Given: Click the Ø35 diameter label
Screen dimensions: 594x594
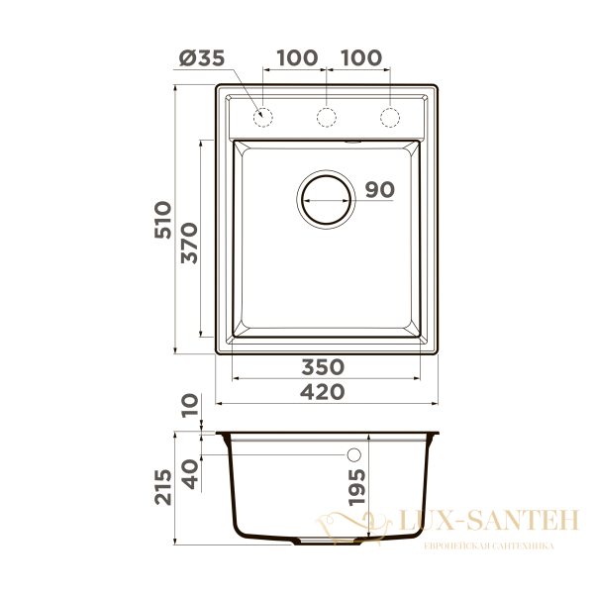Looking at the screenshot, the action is pyautogui.click(x=202, y=58).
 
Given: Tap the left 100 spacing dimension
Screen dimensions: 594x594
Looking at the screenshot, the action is pyautogui.click(x=297, y=58).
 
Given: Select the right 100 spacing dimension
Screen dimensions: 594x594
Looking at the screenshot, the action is pyautogui.click(x=361, y=58).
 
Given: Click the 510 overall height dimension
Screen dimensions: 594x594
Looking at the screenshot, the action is pyautogui.click(x=163, y=220).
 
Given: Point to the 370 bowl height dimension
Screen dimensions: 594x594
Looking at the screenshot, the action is pyautogui.click(x=189, y=244).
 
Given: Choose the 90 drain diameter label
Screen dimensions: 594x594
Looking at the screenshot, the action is pyautogui.click(x=380, y=189).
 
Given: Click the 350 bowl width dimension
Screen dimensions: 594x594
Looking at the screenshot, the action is pyautogui.click(x=323, y=367).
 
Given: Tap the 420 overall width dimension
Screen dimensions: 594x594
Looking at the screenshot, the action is pyautogui.click(x=323, y=392).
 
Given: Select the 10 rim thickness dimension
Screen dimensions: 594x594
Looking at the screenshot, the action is pyautogui.click(x=190, y=406).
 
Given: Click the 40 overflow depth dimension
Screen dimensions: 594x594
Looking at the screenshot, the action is pyautogui.click(x=190, y=474).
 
